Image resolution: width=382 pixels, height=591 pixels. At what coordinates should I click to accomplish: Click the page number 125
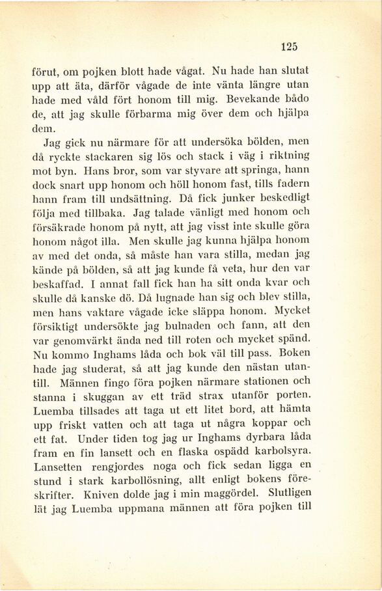pos(290,46)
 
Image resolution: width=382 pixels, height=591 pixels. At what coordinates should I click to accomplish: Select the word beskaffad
pos(57,283)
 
